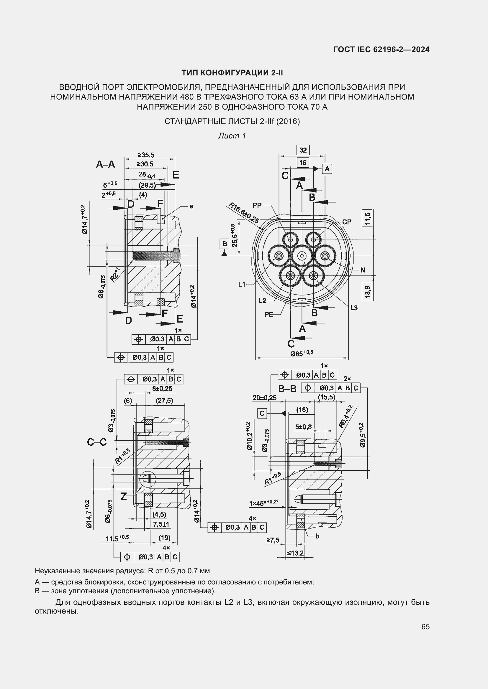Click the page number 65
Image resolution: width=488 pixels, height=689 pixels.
[x=425, y=627]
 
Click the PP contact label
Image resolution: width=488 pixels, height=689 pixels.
[x=257, y=205]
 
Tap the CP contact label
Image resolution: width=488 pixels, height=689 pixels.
[x=347, y=222]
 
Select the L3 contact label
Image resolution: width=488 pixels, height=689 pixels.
[x=354, y=308]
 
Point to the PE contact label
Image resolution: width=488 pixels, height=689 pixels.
[x=269, y=315]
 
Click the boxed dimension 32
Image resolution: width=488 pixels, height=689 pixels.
[x=303, y=150]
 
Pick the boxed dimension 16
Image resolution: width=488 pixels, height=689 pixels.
[x=303, y=163]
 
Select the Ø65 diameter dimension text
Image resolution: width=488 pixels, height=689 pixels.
[x=302, y=353]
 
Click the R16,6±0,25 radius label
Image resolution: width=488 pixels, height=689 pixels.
[x=244, y=213]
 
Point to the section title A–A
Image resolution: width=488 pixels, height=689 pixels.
[x=105, y=164]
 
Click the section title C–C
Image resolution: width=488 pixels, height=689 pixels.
[x=97, y=442]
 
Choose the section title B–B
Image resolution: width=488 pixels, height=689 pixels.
[x=287, y=389]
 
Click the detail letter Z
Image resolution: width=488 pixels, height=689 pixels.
[x=124, y=496]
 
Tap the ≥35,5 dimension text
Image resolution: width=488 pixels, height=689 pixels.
[x=146, y=155]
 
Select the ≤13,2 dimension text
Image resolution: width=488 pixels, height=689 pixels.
[x=295, y=553]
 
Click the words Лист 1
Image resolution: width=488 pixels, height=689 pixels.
[x=232, y=136]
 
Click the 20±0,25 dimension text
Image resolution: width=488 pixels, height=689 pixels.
[x=264, y=398]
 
